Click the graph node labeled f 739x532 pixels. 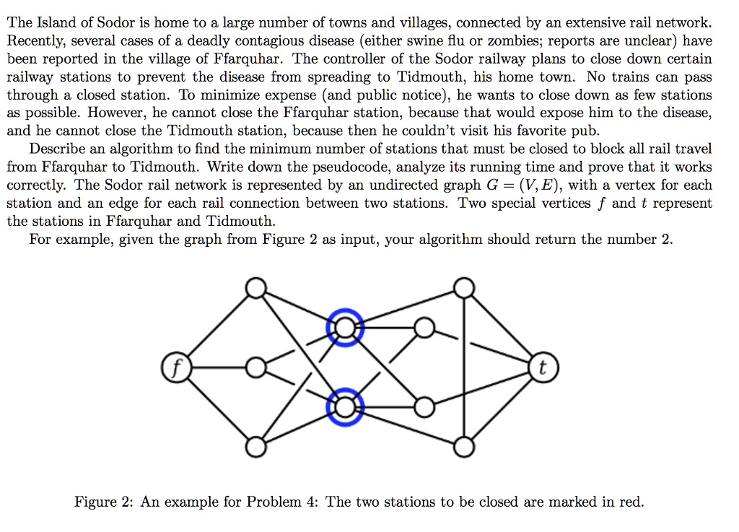coord(176,367)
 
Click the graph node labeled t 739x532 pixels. coord(543,367)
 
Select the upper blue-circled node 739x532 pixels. coord(346,328)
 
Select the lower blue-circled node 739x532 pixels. coord(346,407)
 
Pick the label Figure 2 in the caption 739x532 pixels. coord(101,502)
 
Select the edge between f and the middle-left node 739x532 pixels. coord(219,367)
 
